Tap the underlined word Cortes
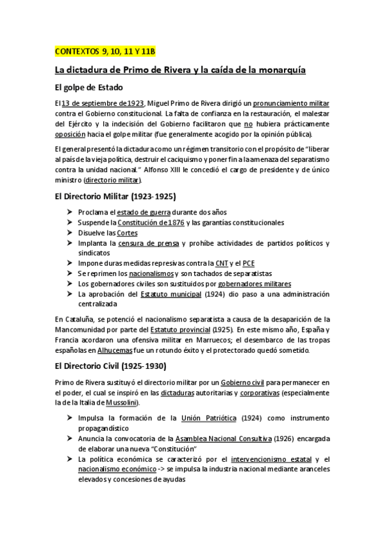[128, 232]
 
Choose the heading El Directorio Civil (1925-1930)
[112, 367]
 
